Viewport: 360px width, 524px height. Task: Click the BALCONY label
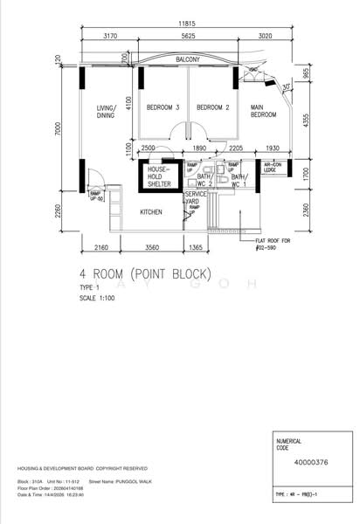(x=188, y=59)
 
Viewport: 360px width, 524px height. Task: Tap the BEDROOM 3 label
(x=164, y=107)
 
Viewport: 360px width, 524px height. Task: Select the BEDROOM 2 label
(x=212, y=107)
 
